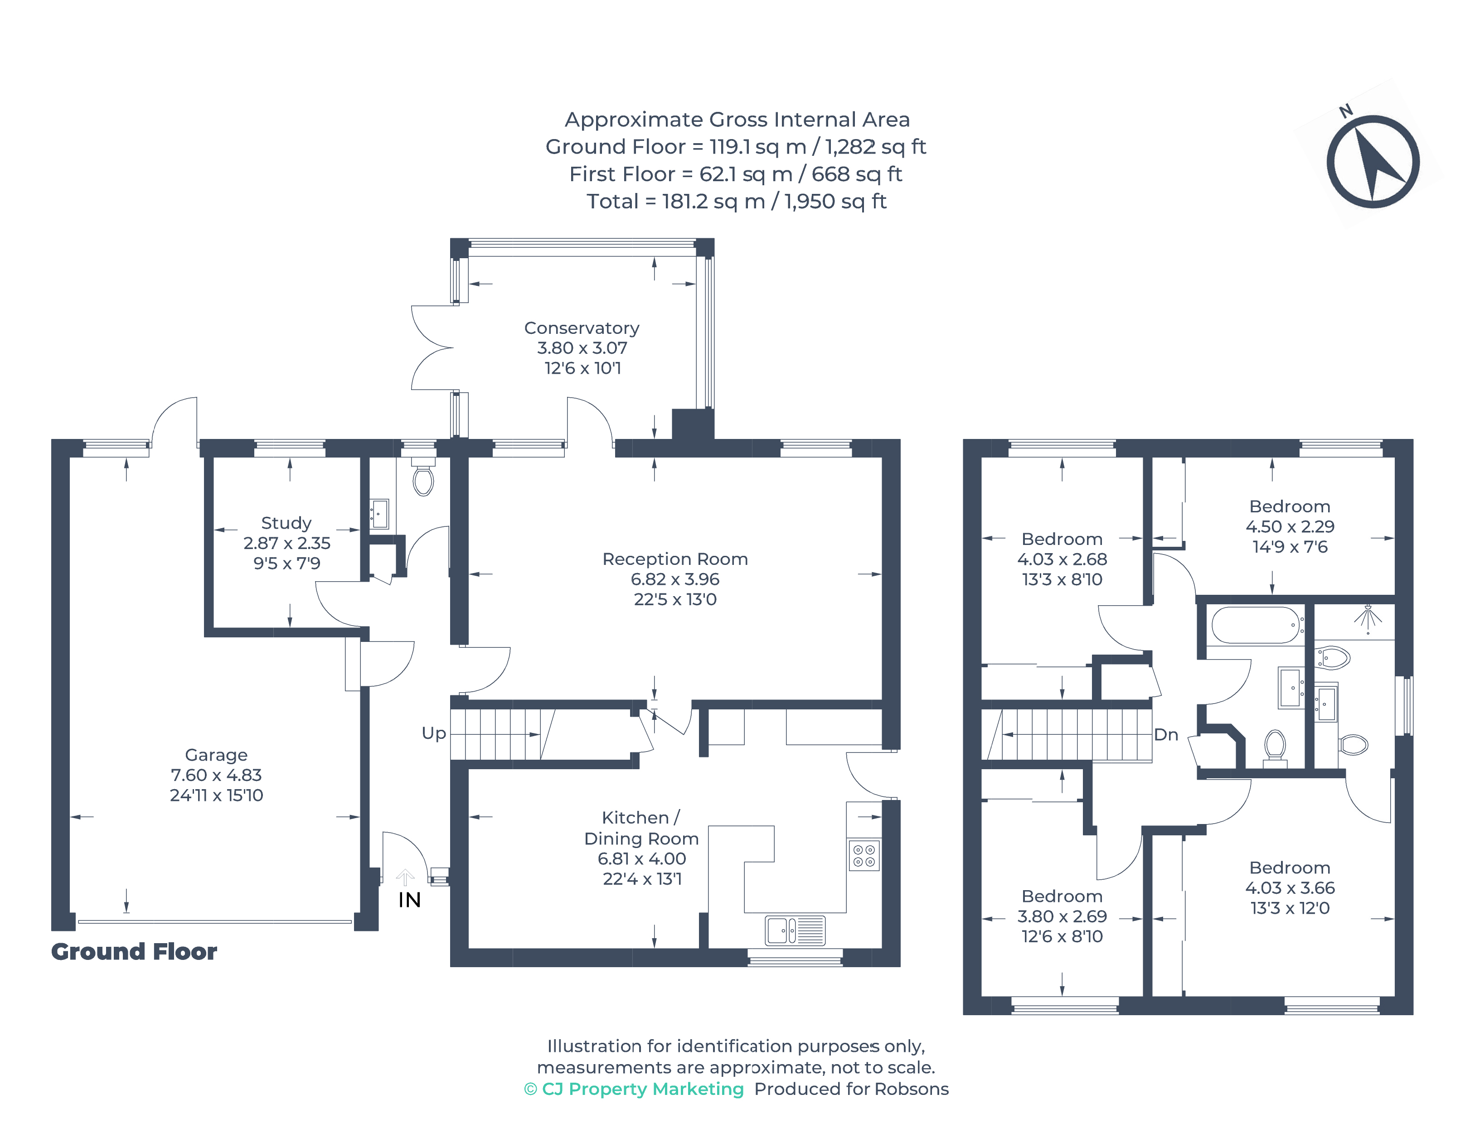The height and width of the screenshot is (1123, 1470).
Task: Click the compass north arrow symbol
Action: [x=1373, y=161]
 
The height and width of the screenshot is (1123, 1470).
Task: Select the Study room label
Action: [x=286, y=523]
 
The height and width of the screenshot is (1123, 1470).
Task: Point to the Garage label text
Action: [x=216, y=755]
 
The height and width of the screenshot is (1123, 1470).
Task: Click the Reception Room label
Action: [x=675, y=559]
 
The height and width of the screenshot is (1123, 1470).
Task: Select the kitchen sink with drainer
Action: [x=795, y=930]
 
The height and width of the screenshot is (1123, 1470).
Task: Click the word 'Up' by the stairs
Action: [x=433, y=733]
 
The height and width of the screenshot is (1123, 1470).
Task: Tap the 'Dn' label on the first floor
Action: [x=1166, y=735]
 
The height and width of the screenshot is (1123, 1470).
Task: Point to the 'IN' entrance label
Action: [x=409, y=900]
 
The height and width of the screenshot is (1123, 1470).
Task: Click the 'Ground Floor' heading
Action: [x=134, y=951]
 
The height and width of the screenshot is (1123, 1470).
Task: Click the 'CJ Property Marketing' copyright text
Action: [x=634, y=1089]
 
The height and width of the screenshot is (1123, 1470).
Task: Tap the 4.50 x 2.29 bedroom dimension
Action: [x=1290, y=527]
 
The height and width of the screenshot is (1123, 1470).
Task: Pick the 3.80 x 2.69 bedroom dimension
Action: [x=1062, y=916]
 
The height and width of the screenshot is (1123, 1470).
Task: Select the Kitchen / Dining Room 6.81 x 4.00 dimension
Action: [x=641, y=859]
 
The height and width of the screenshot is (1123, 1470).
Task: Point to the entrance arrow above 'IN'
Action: [x=405, y=877]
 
